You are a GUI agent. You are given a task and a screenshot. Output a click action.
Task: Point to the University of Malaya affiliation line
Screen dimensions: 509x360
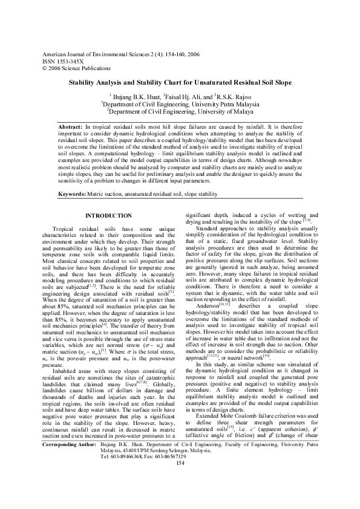180,111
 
